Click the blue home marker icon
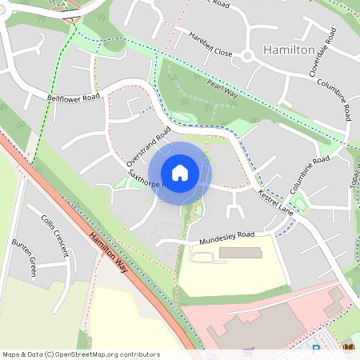pyautogui.click(x=180, y=173)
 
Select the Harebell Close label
pyautogui.click(x=210, y=44)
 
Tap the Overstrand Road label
pyautogui.click(x=149, y=145)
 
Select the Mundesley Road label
pyautogui.click(x=226, y=236)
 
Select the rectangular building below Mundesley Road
pyautogui.click(x=239, y=253)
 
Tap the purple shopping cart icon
pyautogui.click(x=249, y=351)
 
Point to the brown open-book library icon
pyautogui.click(x=348, y=347)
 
